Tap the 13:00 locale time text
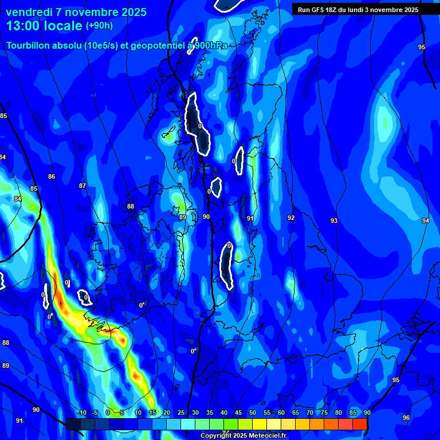tap(44, 26)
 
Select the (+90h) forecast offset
tap(99, 26)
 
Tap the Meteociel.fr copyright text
tap(243, 436)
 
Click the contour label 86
tap(52, 177)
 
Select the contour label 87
tap(82, 186)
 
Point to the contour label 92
tap(291, 218)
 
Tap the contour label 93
tap(334, 221)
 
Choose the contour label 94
tap(425, 221)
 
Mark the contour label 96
tap(406, 418)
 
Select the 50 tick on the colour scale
tap(253, 413)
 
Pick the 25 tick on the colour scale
tap(181, 413)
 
